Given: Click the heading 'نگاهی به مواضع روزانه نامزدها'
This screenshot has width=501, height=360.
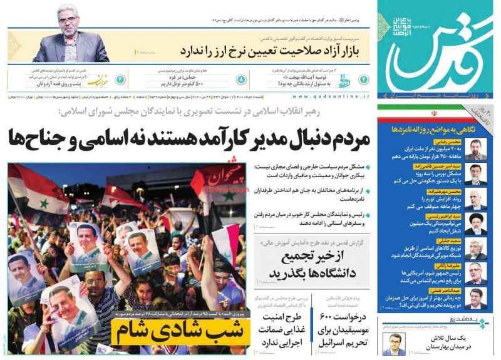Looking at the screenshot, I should [436, 128].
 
